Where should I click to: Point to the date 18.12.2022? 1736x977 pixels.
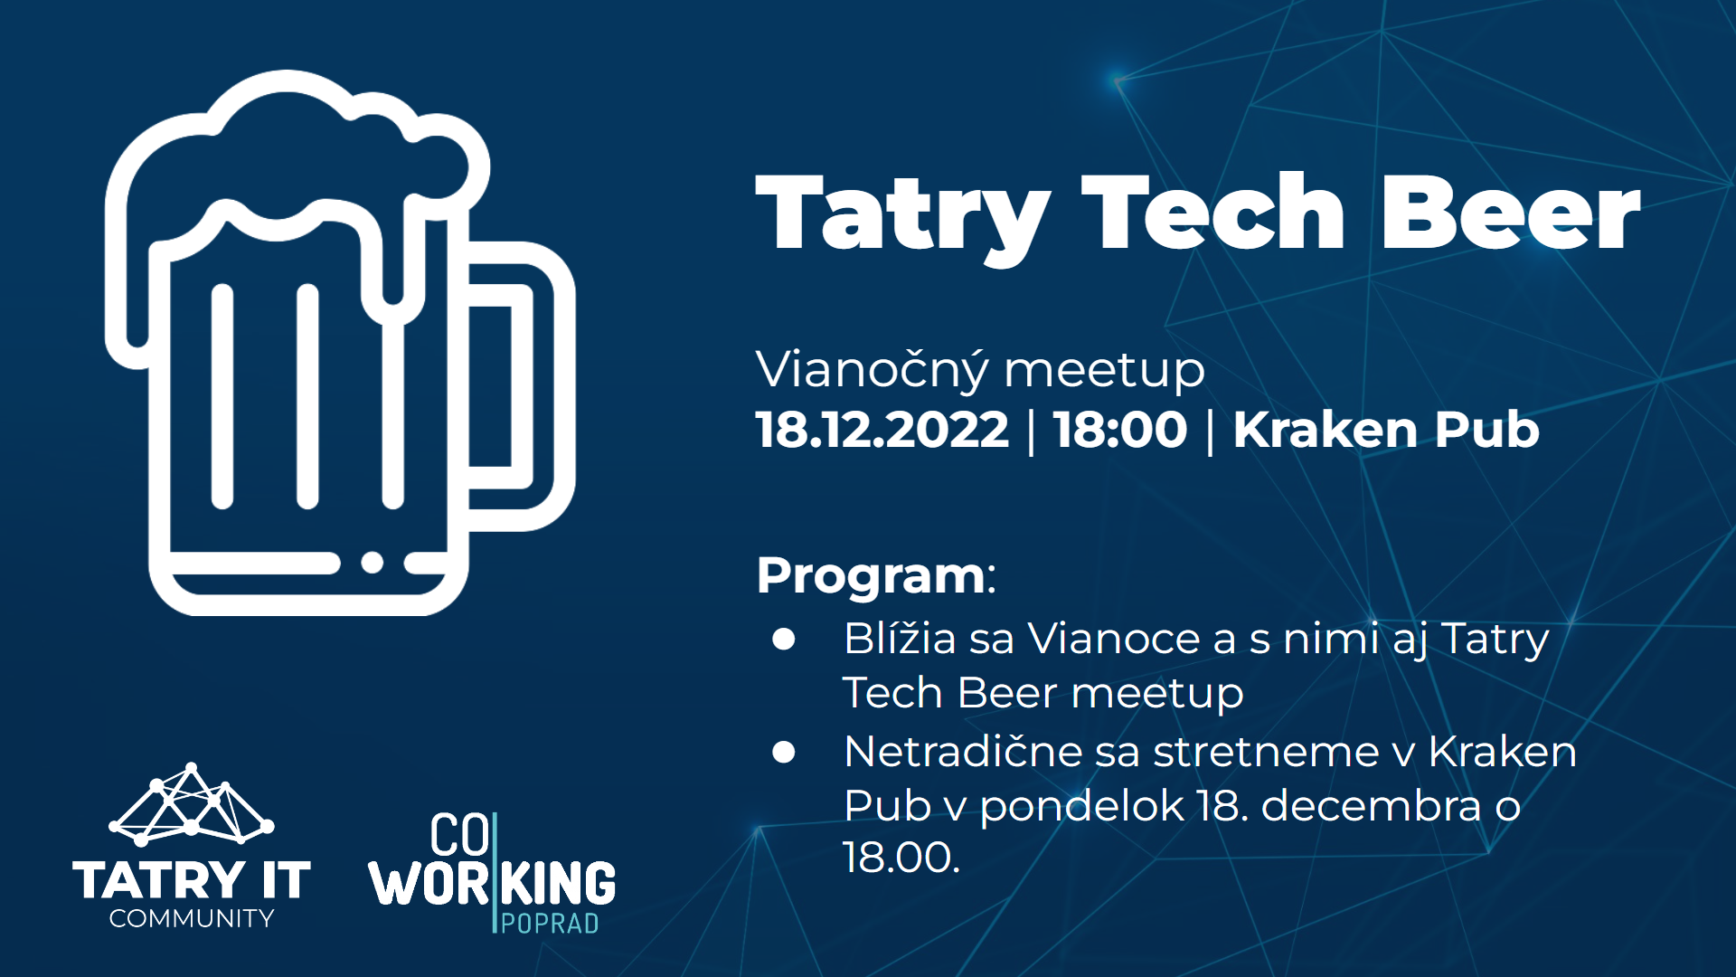(882, 429)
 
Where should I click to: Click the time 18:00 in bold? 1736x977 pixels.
(1120, 429)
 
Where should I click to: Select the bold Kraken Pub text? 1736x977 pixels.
(1386, 429)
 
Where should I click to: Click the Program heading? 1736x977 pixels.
(875, 576)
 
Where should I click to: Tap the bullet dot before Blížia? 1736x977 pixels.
(784, 640)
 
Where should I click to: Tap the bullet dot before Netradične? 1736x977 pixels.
(784, 752)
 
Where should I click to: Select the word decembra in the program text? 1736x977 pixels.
(1371, 805)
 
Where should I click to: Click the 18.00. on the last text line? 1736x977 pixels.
(901, 857)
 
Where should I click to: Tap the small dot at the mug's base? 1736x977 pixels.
(373, 563)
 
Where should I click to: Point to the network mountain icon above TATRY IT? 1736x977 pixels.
(192, 803)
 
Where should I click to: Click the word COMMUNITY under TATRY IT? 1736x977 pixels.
(192, 919)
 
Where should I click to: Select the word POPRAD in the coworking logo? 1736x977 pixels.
(550, 924)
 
